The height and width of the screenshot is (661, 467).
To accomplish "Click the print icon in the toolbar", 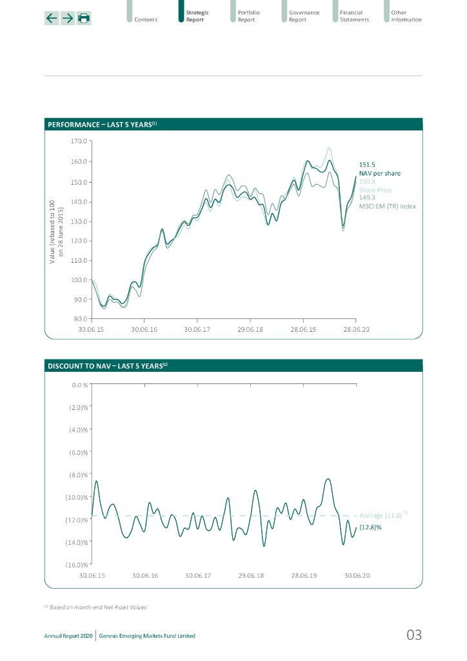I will tap(84, 18).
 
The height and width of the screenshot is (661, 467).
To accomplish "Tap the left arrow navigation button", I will tap(52, 18).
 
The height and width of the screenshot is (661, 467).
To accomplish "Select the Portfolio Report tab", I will tap(246, 16).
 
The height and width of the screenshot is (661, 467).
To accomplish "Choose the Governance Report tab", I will tap(304, 16).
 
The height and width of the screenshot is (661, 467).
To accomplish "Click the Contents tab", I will tap(146, 19).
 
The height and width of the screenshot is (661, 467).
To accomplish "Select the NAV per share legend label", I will tap(379, 174).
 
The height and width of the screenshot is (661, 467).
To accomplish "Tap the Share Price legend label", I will tap(375, 190).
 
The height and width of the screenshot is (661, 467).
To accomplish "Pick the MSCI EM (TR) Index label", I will tap(387, 207).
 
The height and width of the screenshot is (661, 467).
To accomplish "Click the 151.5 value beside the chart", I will tap(367, 165).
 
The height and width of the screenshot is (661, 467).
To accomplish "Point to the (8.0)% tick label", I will tap(78, 475).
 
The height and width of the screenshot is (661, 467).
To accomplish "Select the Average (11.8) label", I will tap(381, 516).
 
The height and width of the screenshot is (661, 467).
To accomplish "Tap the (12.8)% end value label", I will tap(370, 527).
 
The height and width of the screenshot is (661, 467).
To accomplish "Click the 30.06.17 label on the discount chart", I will tap(198, 575).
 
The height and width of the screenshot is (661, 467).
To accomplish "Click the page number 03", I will tap(414, 635).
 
